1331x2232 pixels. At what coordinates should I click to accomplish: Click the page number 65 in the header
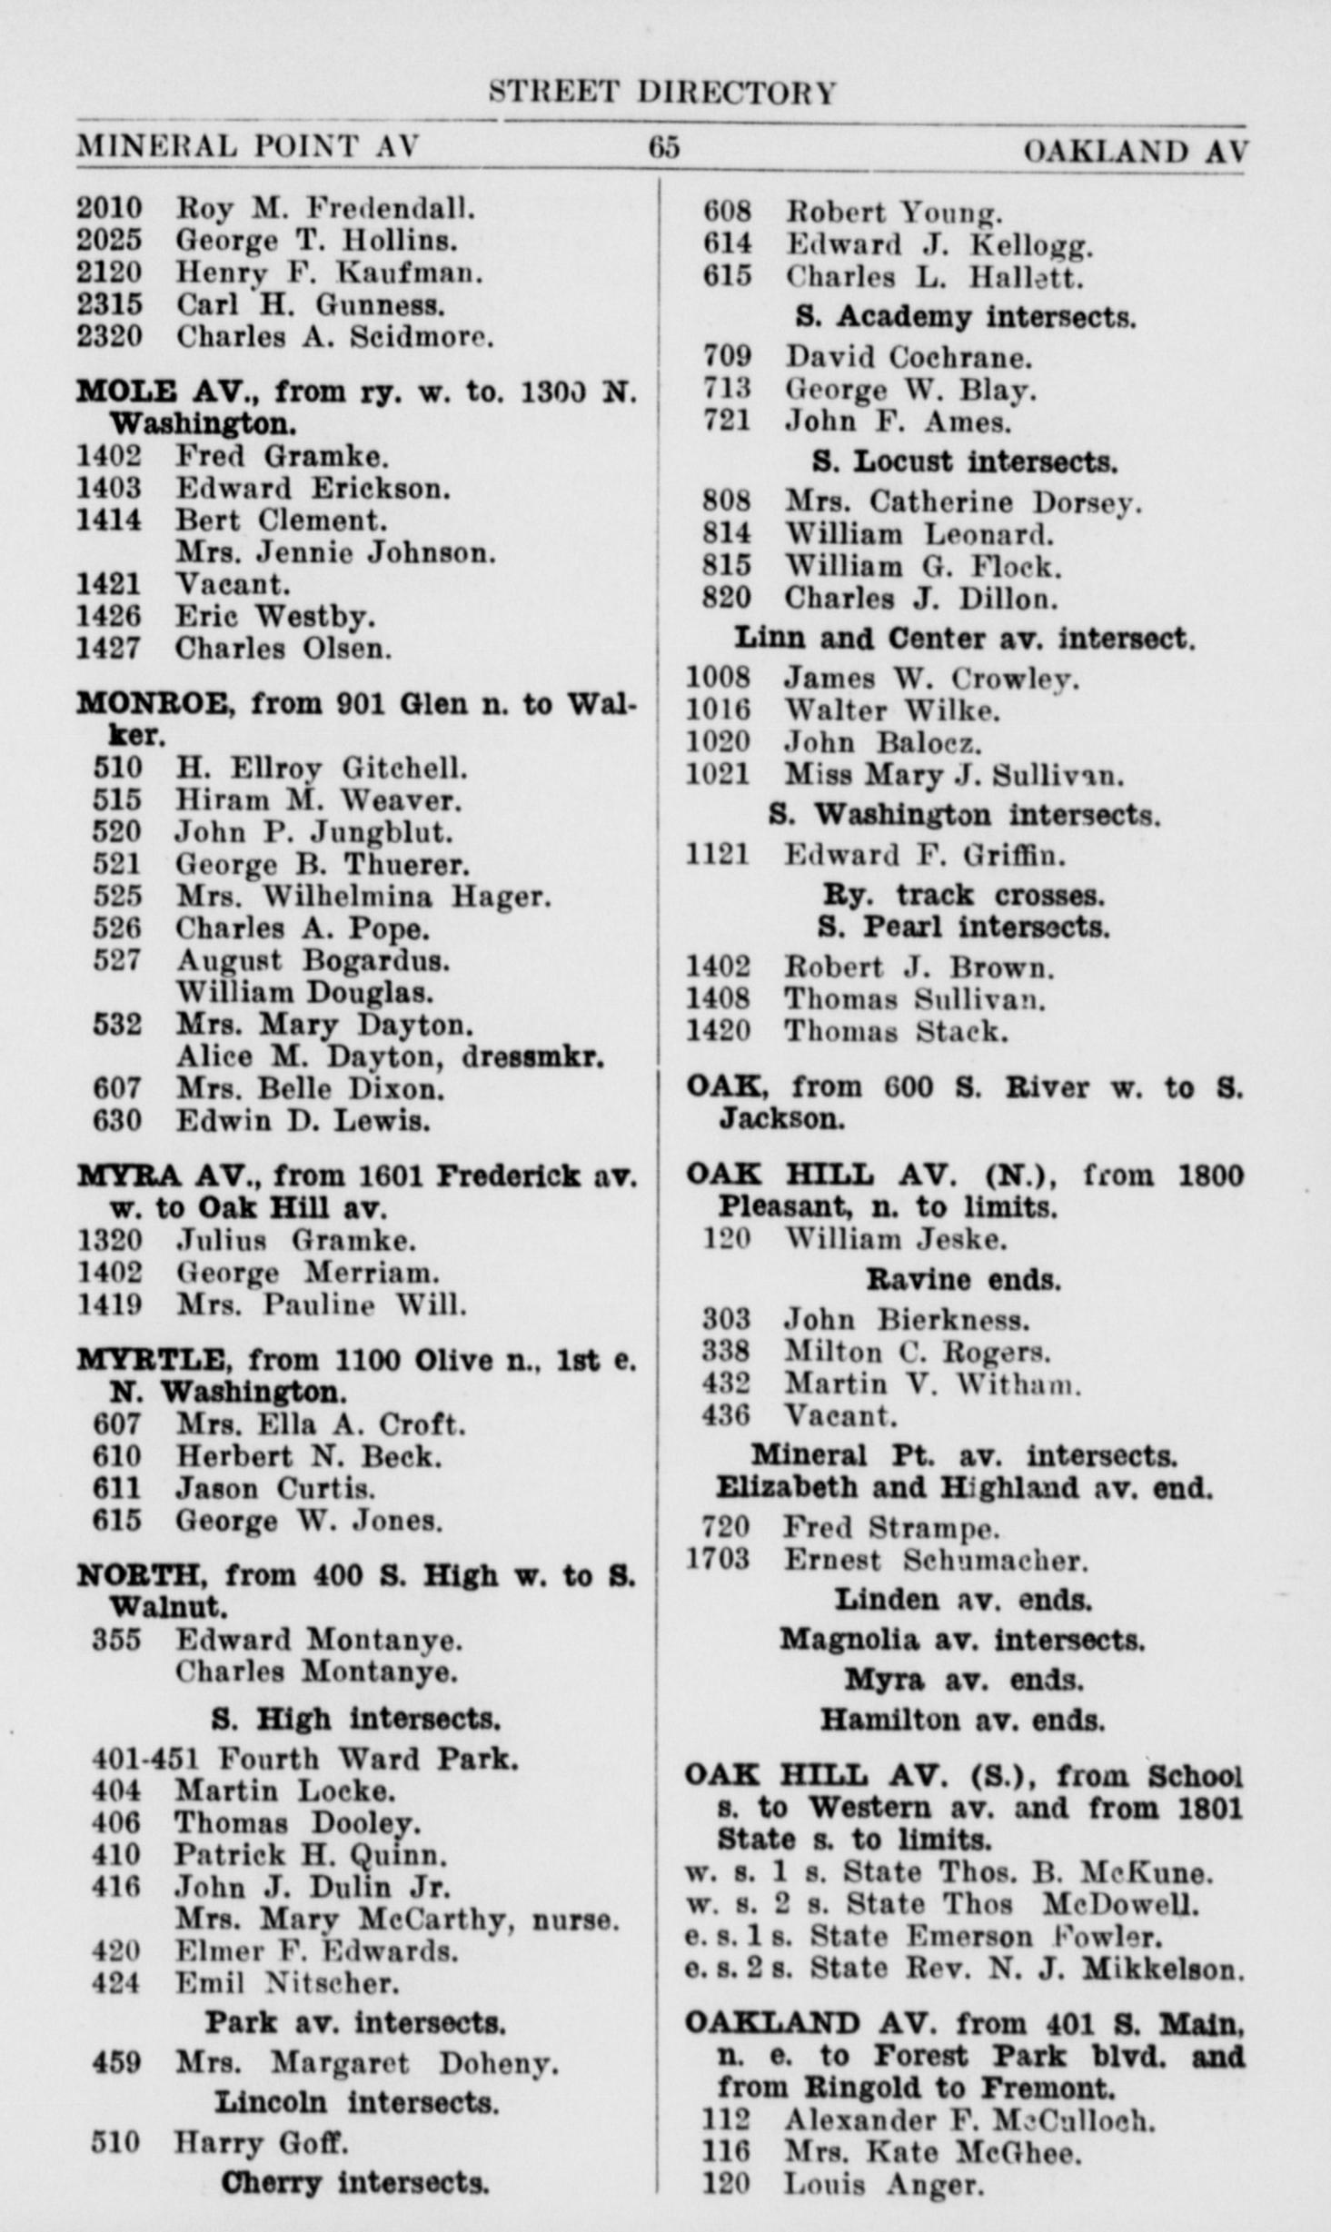(x=663, y=147)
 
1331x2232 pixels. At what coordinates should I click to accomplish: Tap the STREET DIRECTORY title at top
(x=662, y=93)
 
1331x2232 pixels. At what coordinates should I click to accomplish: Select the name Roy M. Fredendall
(x=325, y=209)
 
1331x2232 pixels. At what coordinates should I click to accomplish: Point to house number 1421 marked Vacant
(x=108, y=584)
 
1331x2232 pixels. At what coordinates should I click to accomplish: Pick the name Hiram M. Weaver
(x=318, y=800)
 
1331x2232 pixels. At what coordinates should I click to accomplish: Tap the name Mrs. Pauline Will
(x=322, y=1305)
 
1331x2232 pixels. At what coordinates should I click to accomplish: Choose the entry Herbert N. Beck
(x=309, y=1456)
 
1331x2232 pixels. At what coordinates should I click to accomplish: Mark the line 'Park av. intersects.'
(x=354, y=2023)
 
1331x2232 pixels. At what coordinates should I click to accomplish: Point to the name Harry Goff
(x=262, y=2143)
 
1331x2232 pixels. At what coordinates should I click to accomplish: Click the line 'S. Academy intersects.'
(x=965, y=317)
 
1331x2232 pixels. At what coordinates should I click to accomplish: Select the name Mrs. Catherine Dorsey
(x=963, y=502)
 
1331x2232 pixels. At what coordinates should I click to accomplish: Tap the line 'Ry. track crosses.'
(x=963, y=896)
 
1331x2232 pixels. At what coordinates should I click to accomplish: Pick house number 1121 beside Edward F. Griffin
(x=717, y=855)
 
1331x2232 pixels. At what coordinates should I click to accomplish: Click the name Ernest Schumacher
(x=936, y=1560)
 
